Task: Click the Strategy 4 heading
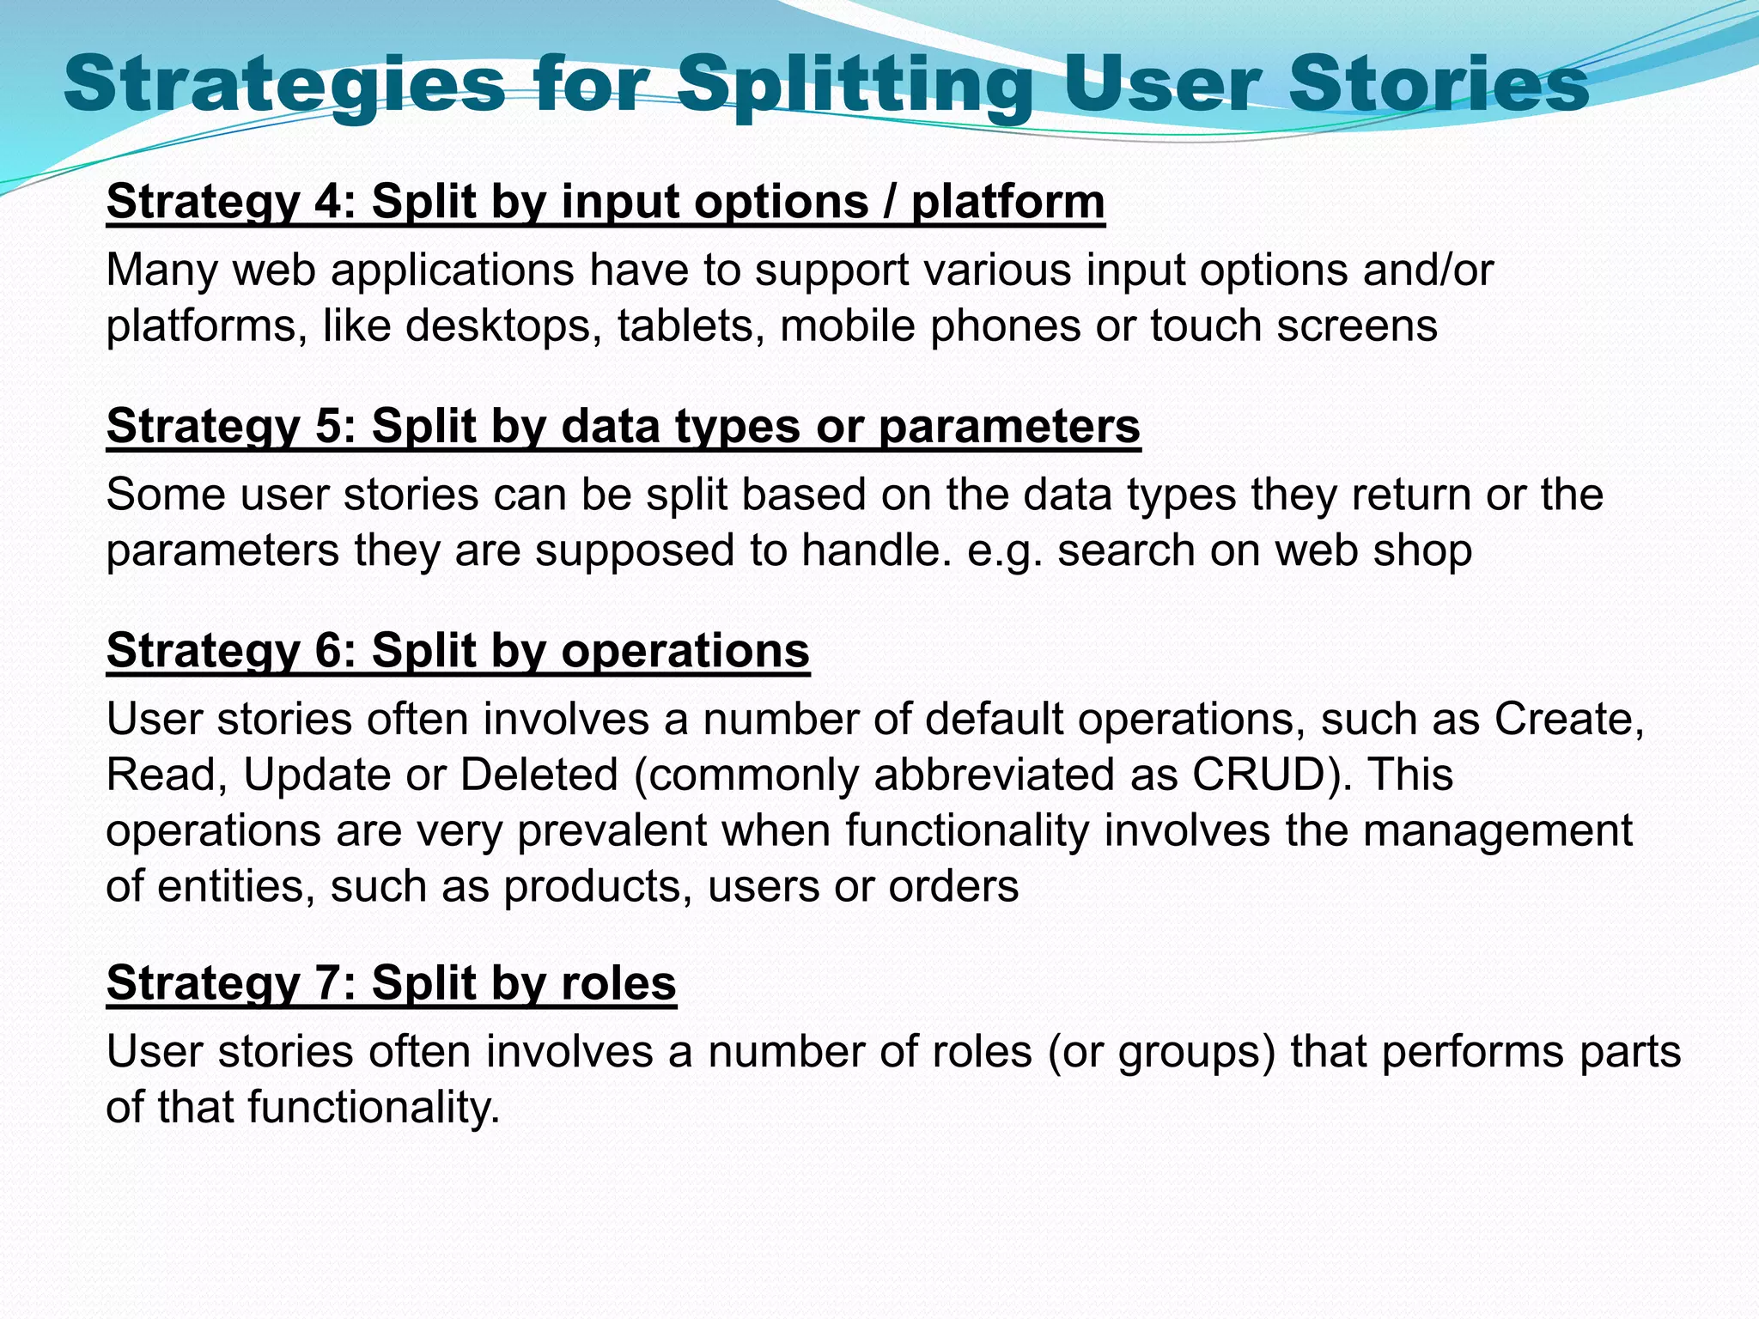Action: [605, 203]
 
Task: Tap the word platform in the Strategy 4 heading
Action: [1007, 203]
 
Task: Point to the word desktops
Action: [502, 326]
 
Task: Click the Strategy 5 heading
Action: [623, 427]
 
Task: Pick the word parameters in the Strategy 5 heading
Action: [1009, 427]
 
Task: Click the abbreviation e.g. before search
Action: [1004, 550]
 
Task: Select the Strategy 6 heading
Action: [458, 651]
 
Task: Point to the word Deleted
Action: [539, 775]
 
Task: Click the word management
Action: [1498, 830]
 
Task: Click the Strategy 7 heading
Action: [391, 983]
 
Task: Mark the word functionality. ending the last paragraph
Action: [374, 1108]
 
